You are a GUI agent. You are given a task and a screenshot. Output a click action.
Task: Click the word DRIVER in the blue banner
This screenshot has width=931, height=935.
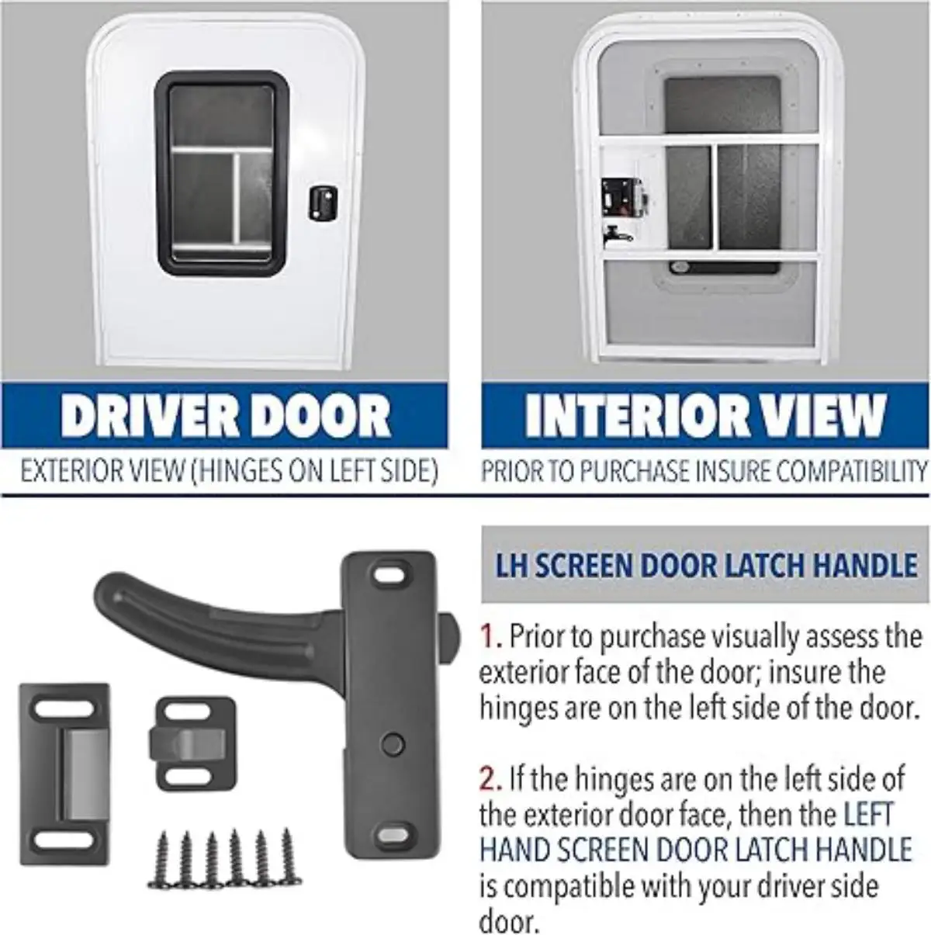(x=150, y=416)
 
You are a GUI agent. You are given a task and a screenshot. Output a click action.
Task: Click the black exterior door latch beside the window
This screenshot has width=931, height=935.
(x=323, y=204)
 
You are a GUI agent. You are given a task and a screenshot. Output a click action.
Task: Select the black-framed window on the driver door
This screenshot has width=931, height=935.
(x=222, y=173)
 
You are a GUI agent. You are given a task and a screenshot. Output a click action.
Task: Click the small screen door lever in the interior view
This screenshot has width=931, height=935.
(x=616, y=235)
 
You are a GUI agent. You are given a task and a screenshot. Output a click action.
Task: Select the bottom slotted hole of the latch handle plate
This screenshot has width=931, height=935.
(x=391, y=833)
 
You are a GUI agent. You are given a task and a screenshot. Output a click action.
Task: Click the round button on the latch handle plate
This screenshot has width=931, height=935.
(x=392, y=743)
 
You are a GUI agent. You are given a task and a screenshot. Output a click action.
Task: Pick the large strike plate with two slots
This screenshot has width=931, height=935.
(x=65, y=774)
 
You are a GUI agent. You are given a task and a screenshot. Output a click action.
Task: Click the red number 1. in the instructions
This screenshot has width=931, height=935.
(x=491, y=636)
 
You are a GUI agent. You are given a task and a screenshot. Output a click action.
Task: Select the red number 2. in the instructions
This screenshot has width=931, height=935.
(x=491, y=779)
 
